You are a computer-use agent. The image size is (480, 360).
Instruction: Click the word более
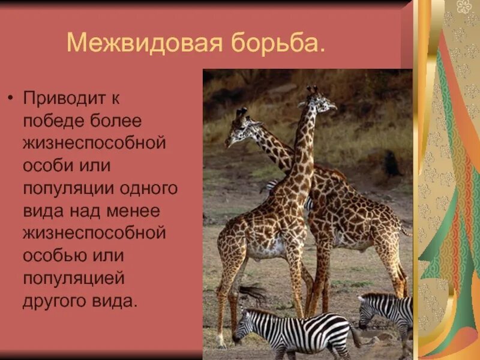point(118,121)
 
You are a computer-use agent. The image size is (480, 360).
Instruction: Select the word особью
point(52,255)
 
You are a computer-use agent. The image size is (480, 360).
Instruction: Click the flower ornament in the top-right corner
point(464,7)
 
